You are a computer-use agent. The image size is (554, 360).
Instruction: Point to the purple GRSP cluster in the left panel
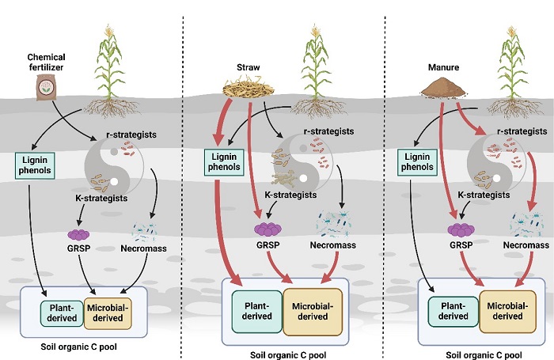pyautogui.click(x=78, y=235)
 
